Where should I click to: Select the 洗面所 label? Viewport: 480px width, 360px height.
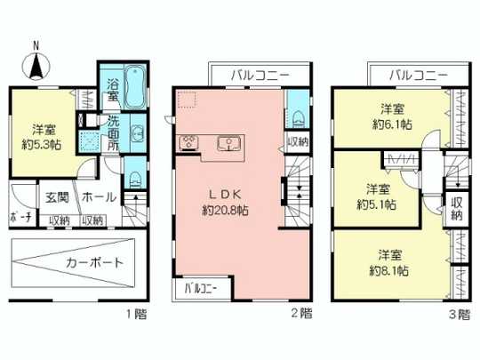(115, 133)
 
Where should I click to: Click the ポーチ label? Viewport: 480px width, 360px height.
(20, 219)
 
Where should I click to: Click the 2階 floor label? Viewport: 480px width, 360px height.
(300, 313)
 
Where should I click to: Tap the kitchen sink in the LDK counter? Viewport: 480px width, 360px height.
(231, 141)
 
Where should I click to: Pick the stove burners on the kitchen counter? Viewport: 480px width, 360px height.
(189, 142)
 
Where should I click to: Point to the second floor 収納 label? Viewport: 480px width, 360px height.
(298, 141)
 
